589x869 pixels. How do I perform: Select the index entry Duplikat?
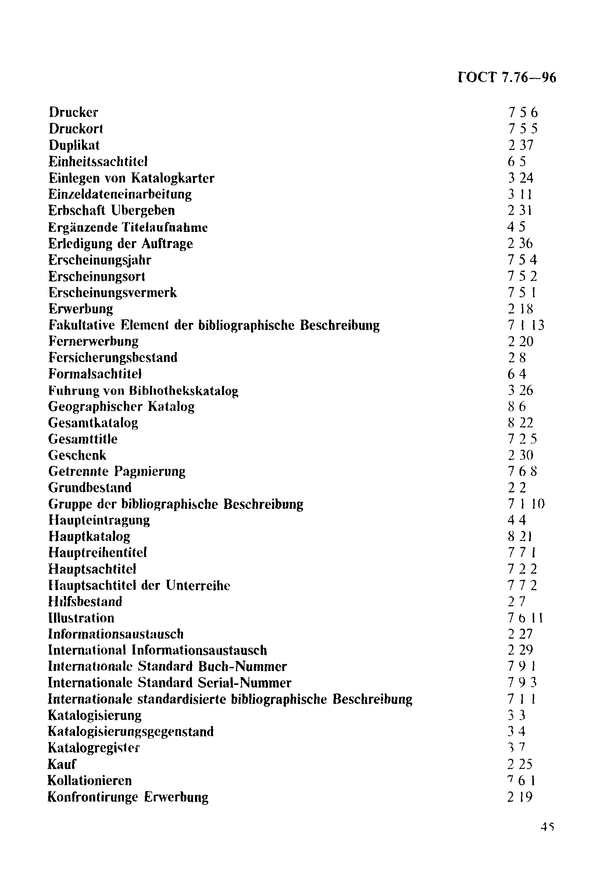[74, 145]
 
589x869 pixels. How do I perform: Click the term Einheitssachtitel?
[98, 161]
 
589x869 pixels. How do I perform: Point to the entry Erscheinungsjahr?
[100, 260]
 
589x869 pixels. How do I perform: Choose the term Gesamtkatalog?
[93, 423]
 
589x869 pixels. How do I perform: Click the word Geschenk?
[77, 455]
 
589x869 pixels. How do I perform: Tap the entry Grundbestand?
[90, 488]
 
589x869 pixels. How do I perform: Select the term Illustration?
[81, 618]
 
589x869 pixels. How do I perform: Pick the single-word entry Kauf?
[62, 764]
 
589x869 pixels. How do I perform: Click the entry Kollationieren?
[90, 780]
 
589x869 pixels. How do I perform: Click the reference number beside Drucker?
[522, 112]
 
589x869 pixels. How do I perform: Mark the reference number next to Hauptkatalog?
[520, 536]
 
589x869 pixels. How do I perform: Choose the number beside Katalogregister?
[517, 747]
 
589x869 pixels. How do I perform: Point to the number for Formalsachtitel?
[517, 374]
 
